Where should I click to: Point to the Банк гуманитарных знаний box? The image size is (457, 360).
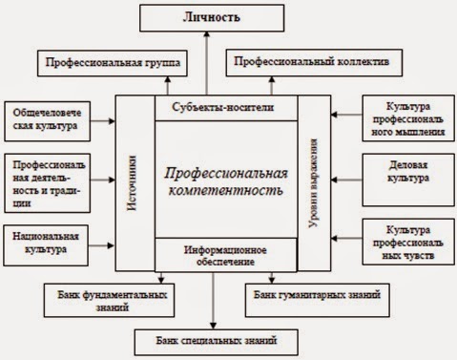coord(315,294)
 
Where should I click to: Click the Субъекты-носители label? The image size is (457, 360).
coord(227,108)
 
